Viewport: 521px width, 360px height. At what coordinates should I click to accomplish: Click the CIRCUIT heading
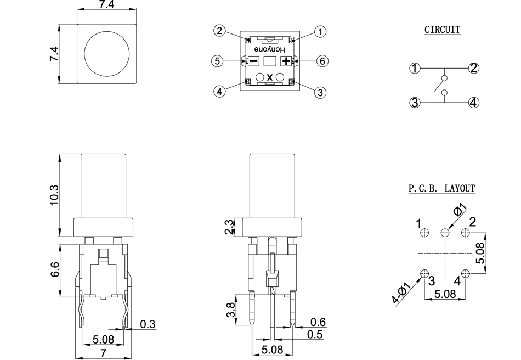442,30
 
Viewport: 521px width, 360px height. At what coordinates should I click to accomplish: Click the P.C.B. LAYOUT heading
441,188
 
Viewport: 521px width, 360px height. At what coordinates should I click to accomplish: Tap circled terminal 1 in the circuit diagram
415,69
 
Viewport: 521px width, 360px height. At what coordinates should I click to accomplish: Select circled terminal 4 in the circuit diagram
474,102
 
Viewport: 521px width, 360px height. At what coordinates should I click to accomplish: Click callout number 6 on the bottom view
322,61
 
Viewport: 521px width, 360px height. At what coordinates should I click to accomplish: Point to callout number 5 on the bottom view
218,61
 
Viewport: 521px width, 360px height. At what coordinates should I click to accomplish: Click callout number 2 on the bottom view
219,31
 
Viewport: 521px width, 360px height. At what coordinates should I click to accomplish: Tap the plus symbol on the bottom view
286,61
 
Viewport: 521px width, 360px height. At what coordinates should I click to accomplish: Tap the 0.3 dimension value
147,324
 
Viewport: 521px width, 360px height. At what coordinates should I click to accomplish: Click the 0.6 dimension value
318,322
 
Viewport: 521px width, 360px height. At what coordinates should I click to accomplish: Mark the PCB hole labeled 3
424,274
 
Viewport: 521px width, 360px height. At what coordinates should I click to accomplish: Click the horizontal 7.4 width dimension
107,5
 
